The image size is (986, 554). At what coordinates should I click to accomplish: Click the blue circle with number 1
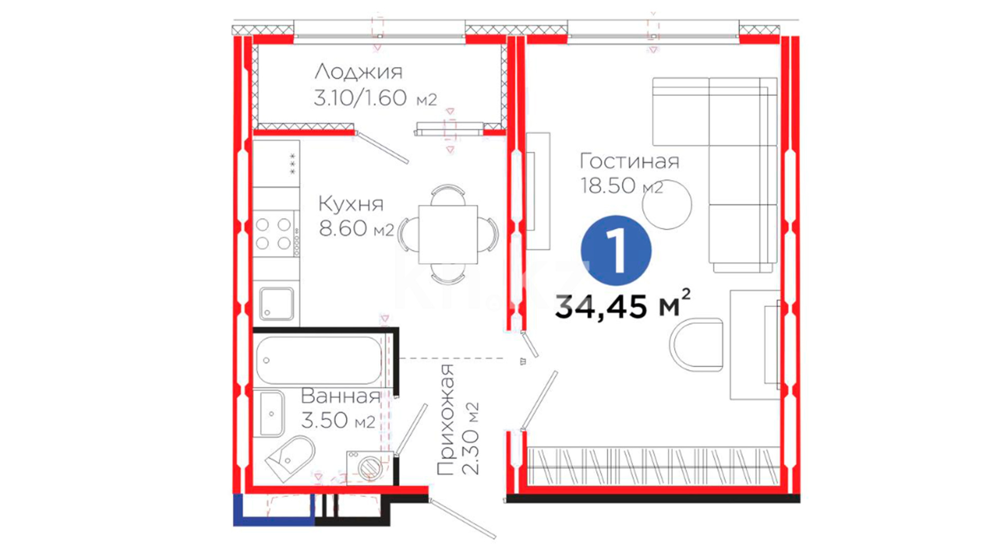[616, 250]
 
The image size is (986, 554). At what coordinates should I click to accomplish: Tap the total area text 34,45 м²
[622, 305]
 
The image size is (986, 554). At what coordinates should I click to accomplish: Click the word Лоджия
[358, 72]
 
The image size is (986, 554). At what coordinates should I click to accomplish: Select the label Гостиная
[630, 162]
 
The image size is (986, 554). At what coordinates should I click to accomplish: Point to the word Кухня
[351, 204]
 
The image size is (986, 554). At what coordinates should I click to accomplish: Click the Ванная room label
[340, 396]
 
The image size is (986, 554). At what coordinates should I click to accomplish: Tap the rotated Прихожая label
[446, 420]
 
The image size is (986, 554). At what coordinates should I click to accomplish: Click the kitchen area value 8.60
[343, 228]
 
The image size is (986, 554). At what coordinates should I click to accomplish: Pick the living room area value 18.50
[608, 185]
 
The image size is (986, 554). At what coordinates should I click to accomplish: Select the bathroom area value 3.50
[325, 420]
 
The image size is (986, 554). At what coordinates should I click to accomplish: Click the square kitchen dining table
[448, 234]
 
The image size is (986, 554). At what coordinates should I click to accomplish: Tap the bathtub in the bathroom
[319, 360]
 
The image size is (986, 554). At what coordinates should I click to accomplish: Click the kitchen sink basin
[277, 304]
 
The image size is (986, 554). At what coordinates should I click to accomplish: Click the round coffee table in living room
[667, 204]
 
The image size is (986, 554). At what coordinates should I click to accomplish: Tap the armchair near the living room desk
[696, 344]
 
